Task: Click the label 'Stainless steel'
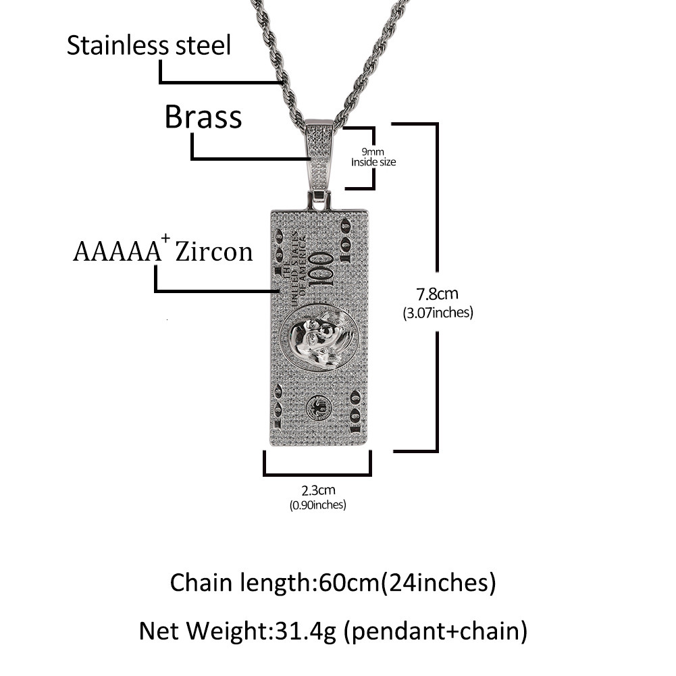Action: coord(149,46)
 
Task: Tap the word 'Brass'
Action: coord(203,117)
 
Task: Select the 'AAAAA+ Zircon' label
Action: coord(163,251)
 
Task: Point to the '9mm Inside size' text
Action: coord(373,157)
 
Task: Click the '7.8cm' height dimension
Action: coord(436,294)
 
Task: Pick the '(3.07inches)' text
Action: coord(437,313)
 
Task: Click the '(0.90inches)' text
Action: coord(317,504)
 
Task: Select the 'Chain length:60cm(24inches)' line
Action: coord(333,582)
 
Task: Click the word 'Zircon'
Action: coord(214,252)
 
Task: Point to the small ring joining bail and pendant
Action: coord(319,199)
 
